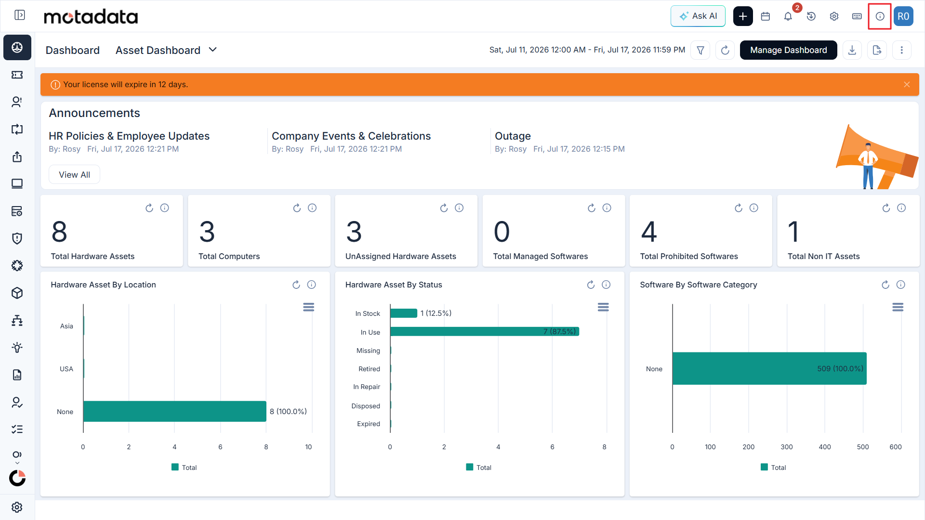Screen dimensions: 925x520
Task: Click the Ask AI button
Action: click(698, 16)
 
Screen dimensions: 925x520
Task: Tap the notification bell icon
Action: click(788, 16)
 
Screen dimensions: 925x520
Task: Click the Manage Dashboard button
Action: click(788, 50)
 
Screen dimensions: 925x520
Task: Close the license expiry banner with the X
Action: click(907, 85)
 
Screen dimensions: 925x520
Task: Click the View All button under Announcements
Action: click(74, 175)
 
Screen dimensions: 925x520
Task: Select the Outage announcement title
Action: click(513, 136)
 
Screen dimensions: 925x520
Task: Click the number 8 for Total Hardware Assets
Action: click(60, 232)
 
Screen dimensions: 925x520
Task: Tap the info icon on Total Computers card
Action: click(312, 208)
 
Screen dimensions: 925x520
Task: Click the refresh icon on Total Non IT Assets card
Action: click(886, 208)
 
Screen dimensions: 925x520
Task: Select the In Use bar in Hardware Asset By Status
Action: click(485, 332)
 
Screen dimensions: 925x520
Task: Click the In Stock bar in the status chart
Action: click(404, 313)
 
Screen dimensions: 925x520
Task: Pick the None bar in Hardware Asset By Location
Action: click(175, 412)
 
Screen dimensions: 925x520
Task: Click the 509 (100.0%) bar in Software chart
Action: click(769, 369)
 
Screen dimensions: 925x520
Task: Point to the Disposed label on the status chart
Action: click(366, 406)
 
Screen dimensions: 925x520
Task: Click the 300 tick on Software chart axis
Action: click(787, 447)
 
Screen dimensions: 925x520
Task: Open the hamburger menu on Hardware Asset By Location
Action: click(309, 307)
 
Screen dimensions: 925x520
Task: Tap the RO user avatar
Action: click(903, 16)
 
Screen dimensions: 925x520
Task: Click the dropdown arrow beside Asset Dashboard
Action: click(213, 50)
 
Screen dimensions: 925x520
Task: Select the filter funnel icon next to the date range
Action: click(700, 50)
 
